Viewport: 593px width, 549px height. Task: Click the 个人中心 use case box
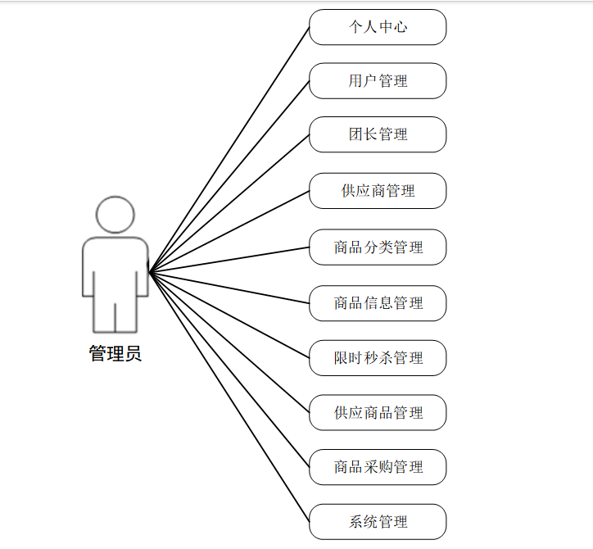pyautogui.click(x=378, y=27)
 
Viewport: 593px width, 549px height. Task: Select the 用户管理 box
pyautogui.click(x=378, y=81)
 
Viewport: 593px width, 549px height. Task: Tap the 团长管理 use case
pyautogui.click(x=378, y=134)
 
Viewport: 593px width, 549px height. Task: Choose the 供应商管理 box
pyautogui.click(x=378, y=191)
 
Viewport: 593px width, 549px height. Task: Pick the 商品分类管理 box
pyautogui.click(x=378, y=247)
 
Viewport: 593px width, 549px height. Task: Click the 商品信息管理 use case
pyautogui.click(x=378, y=303)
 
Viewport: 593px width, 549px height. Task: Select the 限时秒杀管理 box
pyautogui.click(x=378, y=358)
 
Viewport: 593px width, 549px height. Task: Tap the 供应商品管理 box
pyautogui.click(x=378, y=412)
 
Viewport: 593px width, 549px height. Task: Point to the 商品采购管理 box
pyautogui.click(x=378, y=467)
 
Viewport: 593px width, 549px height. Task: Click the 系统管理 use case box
pyautogui.click(x=378, y=521)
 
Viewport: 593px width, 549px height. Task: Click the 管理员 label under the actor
pyautogui.click(x=115, y=354)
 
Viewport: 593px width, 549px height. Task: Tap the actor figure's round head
pyautogui.click(x=115, y=214)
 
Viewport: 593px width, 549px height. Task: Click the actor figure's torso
pyautogui.click(x=115, y=262)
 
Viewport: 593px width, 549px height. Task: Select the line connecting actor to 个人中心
pyautogui.click(x=229, y=148)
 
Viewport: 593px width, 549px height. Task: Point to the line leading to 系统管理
pyautogui.click(x=229, y=395)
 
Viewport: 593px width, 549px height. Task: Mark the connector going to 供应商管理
pyautogui.click(x=229, y=230)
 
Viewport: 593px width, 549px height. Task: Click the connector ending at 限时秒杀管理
pyautogui.click(x=229, y=314)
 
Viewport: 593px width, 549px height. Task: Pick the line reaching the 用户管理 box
pyautogui.click(x=229, y=175)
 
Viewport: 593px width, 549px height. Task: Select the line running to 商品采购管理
pyautogui.click(x=229, y=368)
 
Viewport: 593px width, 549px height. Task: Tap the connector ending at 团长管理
pyautogui.click(x=229, y=202)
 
